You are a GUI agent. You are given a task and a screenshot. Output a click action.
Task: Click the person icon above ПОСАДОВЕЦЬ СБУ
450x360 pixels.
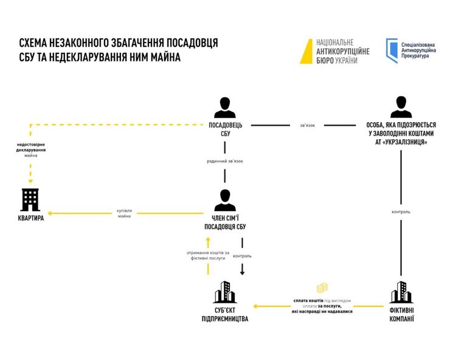click(226, 108)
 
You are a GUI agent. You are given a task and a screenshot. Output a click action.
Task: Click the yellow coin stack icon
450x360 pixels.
click(321, 288)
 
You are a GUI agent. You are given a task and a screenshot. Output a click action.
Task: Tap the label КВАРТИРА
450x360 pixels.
click(30, 218)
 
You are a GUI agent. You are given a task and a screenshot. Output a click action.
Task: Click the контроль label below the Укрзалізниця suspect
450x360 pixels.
click(401, 212)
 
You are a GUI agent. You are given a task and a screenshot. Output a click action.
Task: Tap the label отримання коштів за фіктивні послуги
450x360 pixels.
click(209, 255)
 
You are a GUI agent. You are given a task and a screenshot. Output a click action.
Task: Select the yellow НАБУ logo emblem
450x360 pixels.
click(303, 51)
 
